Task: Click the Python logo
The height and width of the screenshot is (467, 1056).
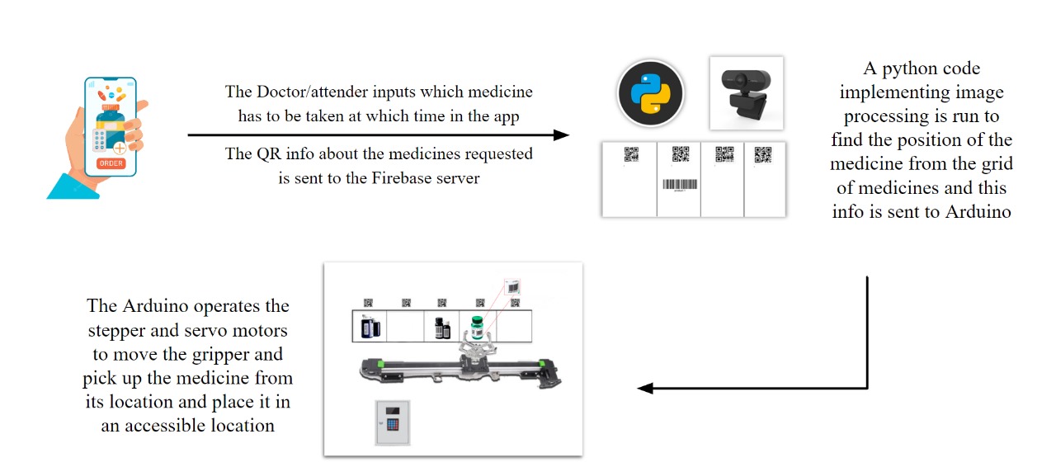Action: click(651, 93)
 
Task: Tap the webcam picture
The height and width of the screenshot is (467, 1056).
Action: click(747, 93)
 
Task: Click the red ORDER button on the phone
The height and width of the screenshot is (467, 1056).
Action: click(111, 163)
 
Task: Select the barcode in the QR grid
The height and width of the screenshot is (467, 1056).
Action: click(680, 184)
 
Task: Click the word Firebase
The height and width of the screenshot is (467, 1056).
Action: click(401, 178)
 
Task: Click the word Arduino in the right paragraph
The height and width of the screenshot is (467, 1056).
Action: click(978, 211)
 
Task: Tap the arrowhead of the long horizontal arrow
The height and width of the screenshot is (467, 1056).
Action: click(561, 135)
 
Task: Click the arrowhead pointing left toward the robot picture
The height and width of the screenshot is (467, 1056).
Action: click(645, 389)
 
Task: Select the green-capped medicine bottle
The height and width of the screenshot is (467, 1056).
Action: click(477, 327)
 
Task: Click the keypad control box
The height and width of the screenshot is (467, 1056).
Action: click(393, 422)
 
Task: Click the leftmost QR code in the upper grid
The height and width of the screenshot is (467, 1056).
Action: click(631, 154)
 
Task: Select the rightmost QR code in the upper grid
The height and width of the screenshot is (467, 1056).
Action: click(763, 154)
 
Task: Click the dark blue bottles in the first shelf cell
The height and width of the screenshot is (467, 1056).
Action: click(370, 327)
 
